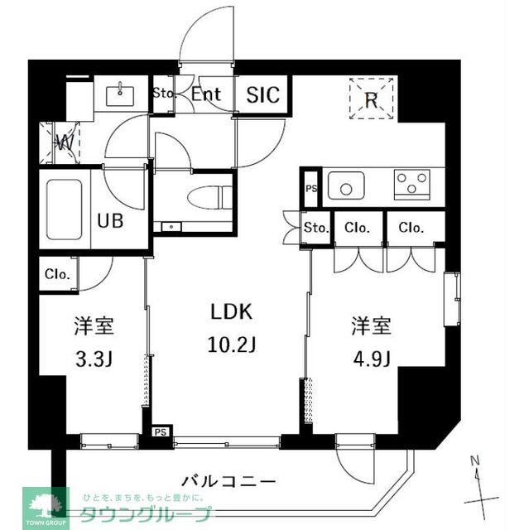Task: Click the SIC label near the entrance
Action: pyautogui.click(x=263, y=95)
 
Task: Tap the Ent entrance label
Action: pyautogui.click(x=206, y=94)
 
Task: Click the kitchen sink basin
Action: pyautogui.click(x=345, y=185)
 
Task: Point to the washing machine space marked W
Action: pyautogui.click(x=65, y=142)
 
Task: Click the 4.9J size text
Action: pyautogui.click(x=370, y=357)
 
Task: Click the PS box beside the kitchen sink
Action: pyautogui.click(x=310, y=187)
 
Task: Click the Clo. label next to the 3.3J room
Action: pyautogui.click(x=57, y=273)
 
